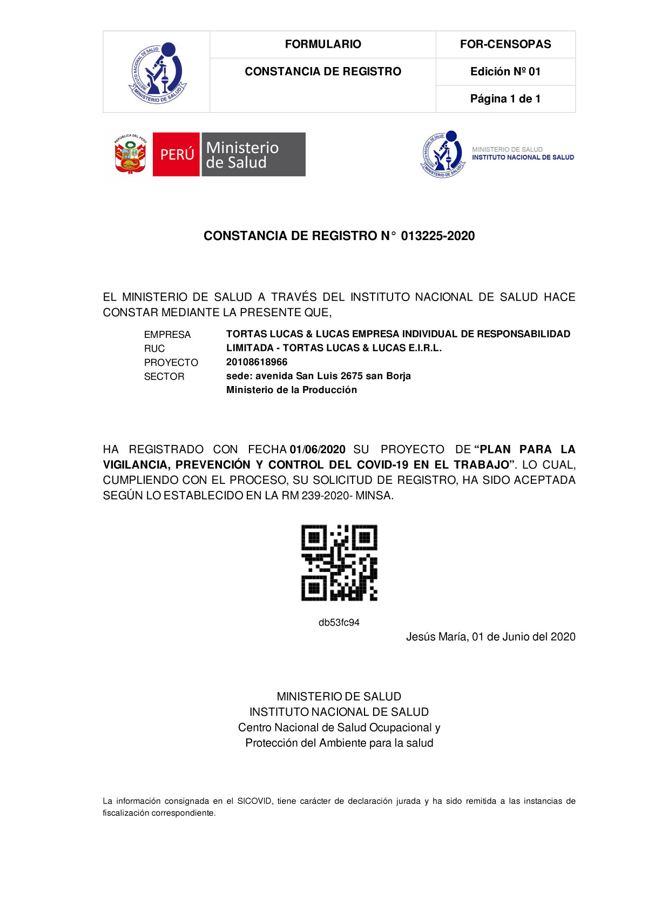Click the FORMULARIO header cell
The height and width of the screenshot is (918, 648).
click(323, 44)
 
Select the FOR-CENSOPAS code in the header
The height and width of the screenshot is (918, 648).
click(505, 44)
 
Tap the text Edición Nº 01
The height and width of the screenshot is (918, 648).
click(505, 71)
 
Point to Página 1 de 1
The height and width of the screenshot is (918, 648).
click(505, 98)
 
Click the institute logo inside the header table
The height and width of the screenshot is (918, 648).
click(157, 72)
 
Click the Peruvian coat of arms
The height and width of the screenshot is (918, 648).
click(130, 155)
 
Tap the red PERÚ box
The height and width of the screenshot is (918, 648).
click(177, 155)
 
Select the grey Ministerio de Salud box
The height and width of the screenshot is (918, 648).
click(253, 155)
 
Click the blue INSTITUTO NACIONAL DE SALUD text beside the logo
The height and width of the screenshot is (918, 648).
click(523, 157)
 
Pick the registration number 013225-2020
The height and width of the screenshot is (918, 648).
click(438, 236)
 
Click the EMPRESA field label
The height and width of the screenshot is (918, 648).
click(167, 335)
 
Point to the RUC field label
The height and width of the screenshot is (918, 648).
click(154, 349)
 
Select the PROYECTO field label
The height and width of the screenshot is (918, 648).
click(171, 363)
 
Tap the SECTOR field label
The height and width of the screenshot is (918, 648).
click(164, 377)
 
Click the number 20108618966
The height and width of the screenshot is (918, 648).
click(257, 362)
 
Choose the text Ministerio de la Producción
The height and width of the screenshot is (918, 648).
click(292, 390)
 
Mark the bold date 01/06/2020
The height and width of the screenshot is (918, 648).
click(318, 449)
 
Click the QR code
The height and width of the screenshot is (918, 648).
click(339, 562)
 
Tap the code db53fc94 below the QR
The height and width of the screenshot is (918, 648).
click(339, 623)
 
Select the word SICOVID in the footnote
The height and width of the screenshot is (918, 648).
click(254, 801)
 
